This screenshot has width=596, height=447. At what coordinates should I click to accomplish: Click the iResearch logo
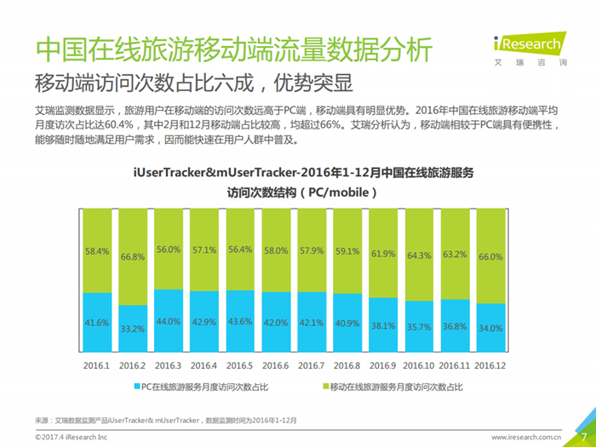pyautogui.click(x=530, y=49)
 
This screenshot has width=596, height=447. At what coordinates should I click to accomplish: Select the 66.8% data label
pyautogui.click(x=133, y=257)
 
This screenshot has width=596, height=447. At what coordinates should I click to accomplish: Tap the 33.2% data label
pyautogui.click(x=133, y=329)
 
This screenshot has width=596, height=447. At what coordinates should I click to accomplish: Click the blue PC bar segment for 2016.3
pyautogui.click(x=169, y=321)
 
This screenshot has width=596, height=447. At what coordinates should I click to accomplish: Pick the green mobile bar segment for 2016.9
pyautogui.click(x=383, y=253)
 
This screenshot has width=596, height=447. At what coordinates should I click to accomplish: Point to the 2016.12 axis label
pyautogui.click(x=490, y=365)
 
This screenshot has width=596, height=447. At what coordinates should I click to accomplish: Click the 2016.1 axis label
pyautogui.click(x=96, y=365)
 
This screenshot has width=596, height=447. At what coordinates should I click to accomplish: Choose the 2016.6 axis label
pyautogui.click(x=276, y=365)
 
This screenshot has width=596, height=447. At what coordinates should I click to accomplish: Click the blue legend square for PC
pyautogui.click(x=137, y=387)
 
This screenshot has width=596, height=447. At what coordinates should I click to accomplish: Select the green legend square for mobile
pyautogui.click(x=326, y=387)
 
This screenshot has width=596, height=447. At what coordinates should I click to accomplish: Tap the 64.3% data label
pyautogui.click(x=419, y=255)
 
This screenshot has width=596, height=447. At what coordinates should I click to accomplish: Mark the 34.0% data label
pyautogui.click(x=490, y=328)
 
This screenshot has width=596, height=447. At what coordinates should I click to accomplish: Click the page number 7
pyautogui.click(x=584, y=437)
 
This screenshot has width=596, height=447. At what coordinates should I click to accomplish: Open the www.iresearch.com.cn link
pyautogui.click(x=526, y=437)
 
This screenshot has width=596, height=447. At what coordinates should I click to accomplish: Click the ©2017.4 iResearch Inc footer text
pyautogui.click(x=71, y=437)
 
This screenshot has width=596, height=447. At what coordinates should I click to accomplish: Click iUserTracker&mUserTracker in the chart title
pyautogui.click(x=215, y=173)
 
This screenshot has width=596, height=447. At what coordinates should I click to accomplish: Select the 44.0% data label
pyautogui.click(x=169, y=322)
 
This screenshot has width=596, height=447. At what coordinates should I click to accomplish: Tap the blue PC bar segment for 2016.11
pyautogui.click(x=455, y=326)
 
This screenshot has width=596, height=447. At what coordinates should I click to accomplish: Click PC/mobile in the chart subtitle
pyautogui.click(x=338, y=192)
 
